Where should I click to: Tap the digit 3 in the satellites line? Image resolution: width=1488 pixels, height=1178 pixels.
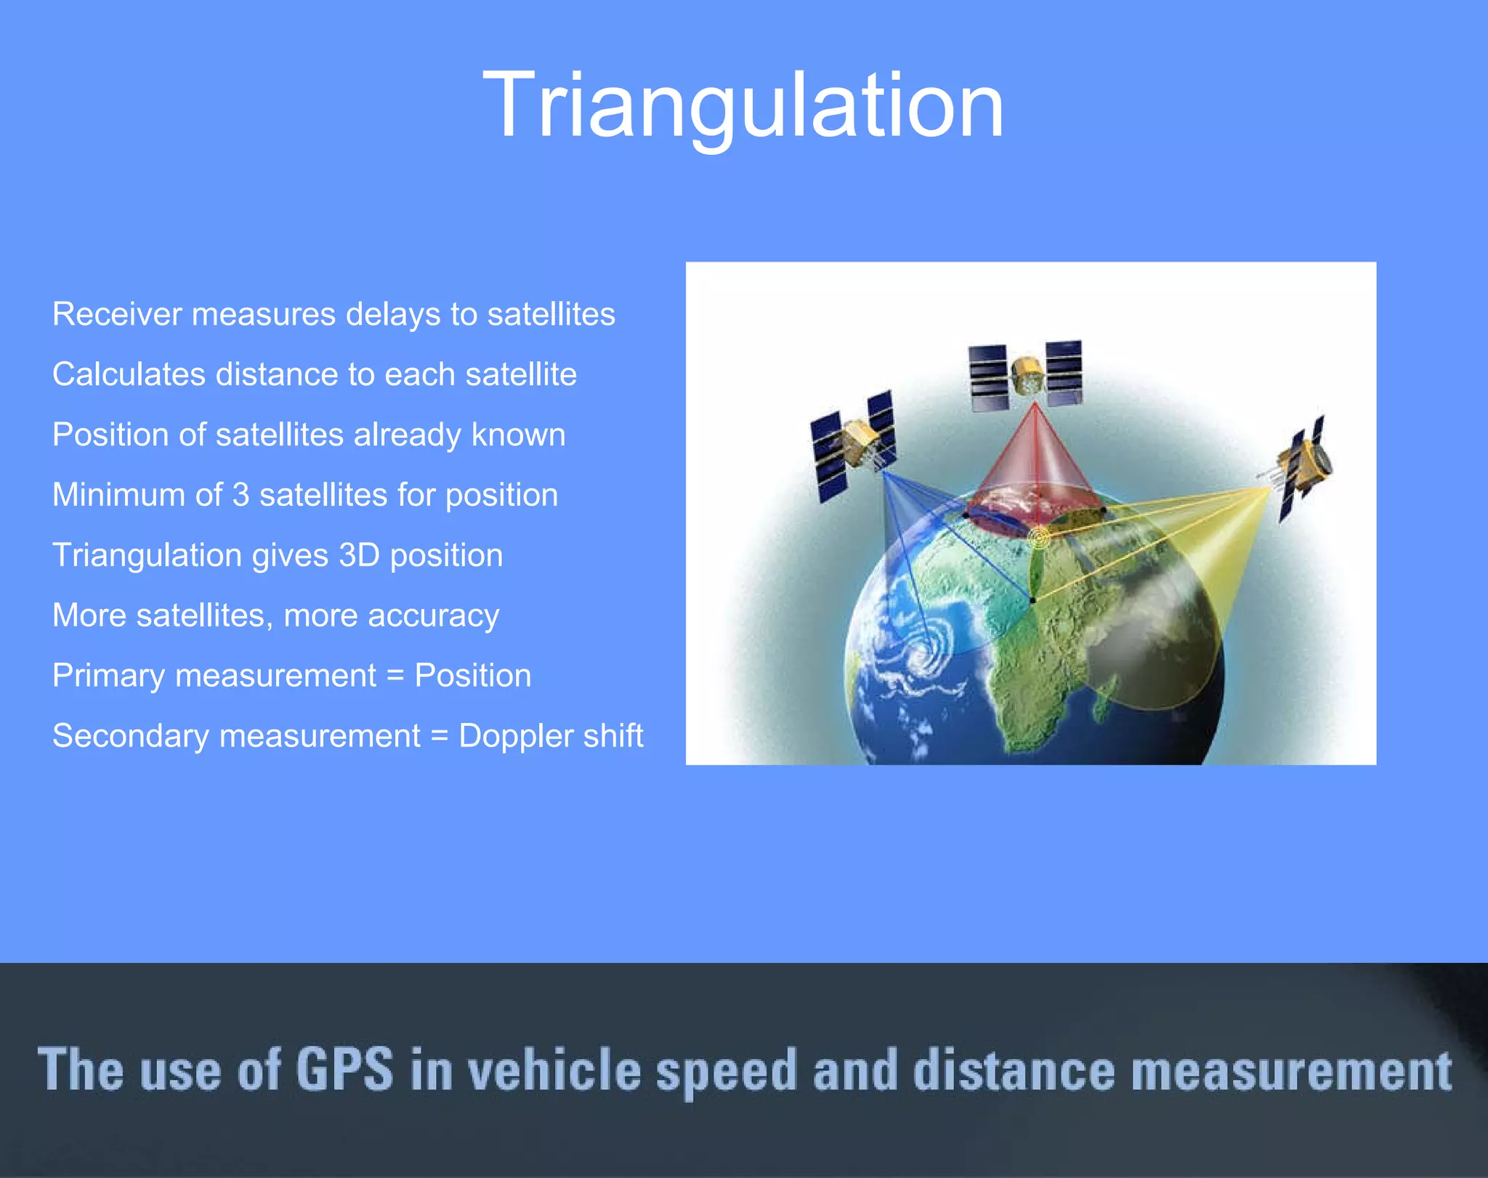tap(240, 496)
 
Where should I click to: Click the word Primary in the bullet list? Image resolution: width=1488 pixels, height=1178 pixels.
tap(108, 676)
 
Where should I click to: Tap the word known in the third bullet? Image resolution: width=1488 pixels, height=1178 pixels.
tap(517, 435)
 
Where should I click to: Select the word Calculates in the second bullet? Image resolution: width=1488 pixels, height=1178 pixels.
tap(128, 375)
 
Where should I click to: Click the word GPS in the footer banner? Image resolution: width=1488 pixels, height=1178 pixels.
tap(344, 1070)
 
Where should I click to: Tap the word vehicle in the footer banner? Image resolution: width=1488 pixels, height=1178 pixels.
tap(554, 1070)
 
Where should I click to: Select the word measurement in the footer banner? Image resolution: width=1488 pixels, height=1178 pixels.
tap(1291, 1070)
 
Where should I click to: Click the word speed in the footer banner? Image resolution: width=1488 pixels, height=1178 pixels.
tap(726, 1071)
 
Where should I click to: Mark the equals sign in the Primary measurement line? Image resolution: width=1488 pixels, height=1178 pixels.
tap(395, 677)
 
